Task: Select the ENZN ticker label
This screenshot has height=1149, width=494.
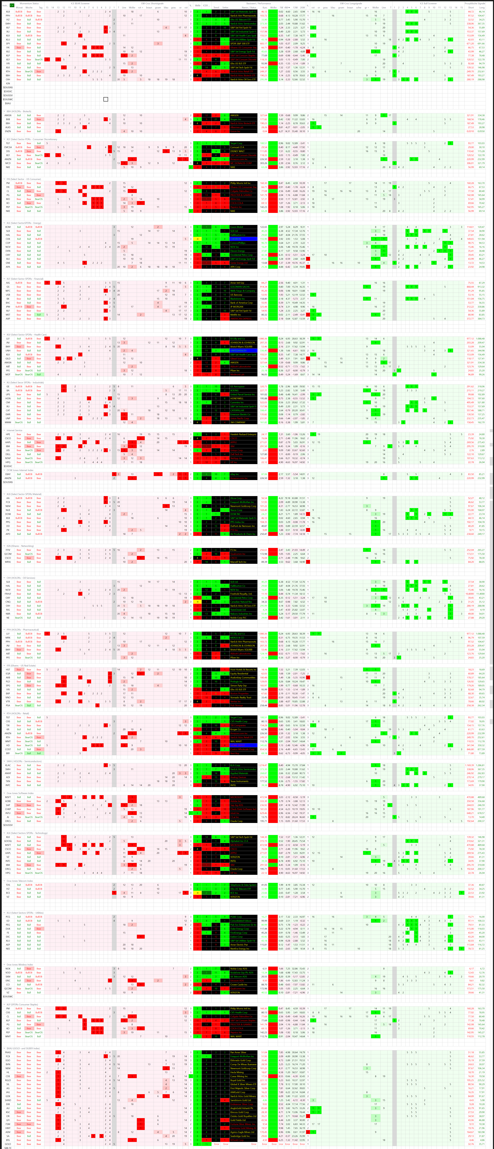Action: coord(8,131)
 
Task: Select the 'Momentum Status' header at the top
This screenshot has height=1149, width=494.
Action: coord(29,3)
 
